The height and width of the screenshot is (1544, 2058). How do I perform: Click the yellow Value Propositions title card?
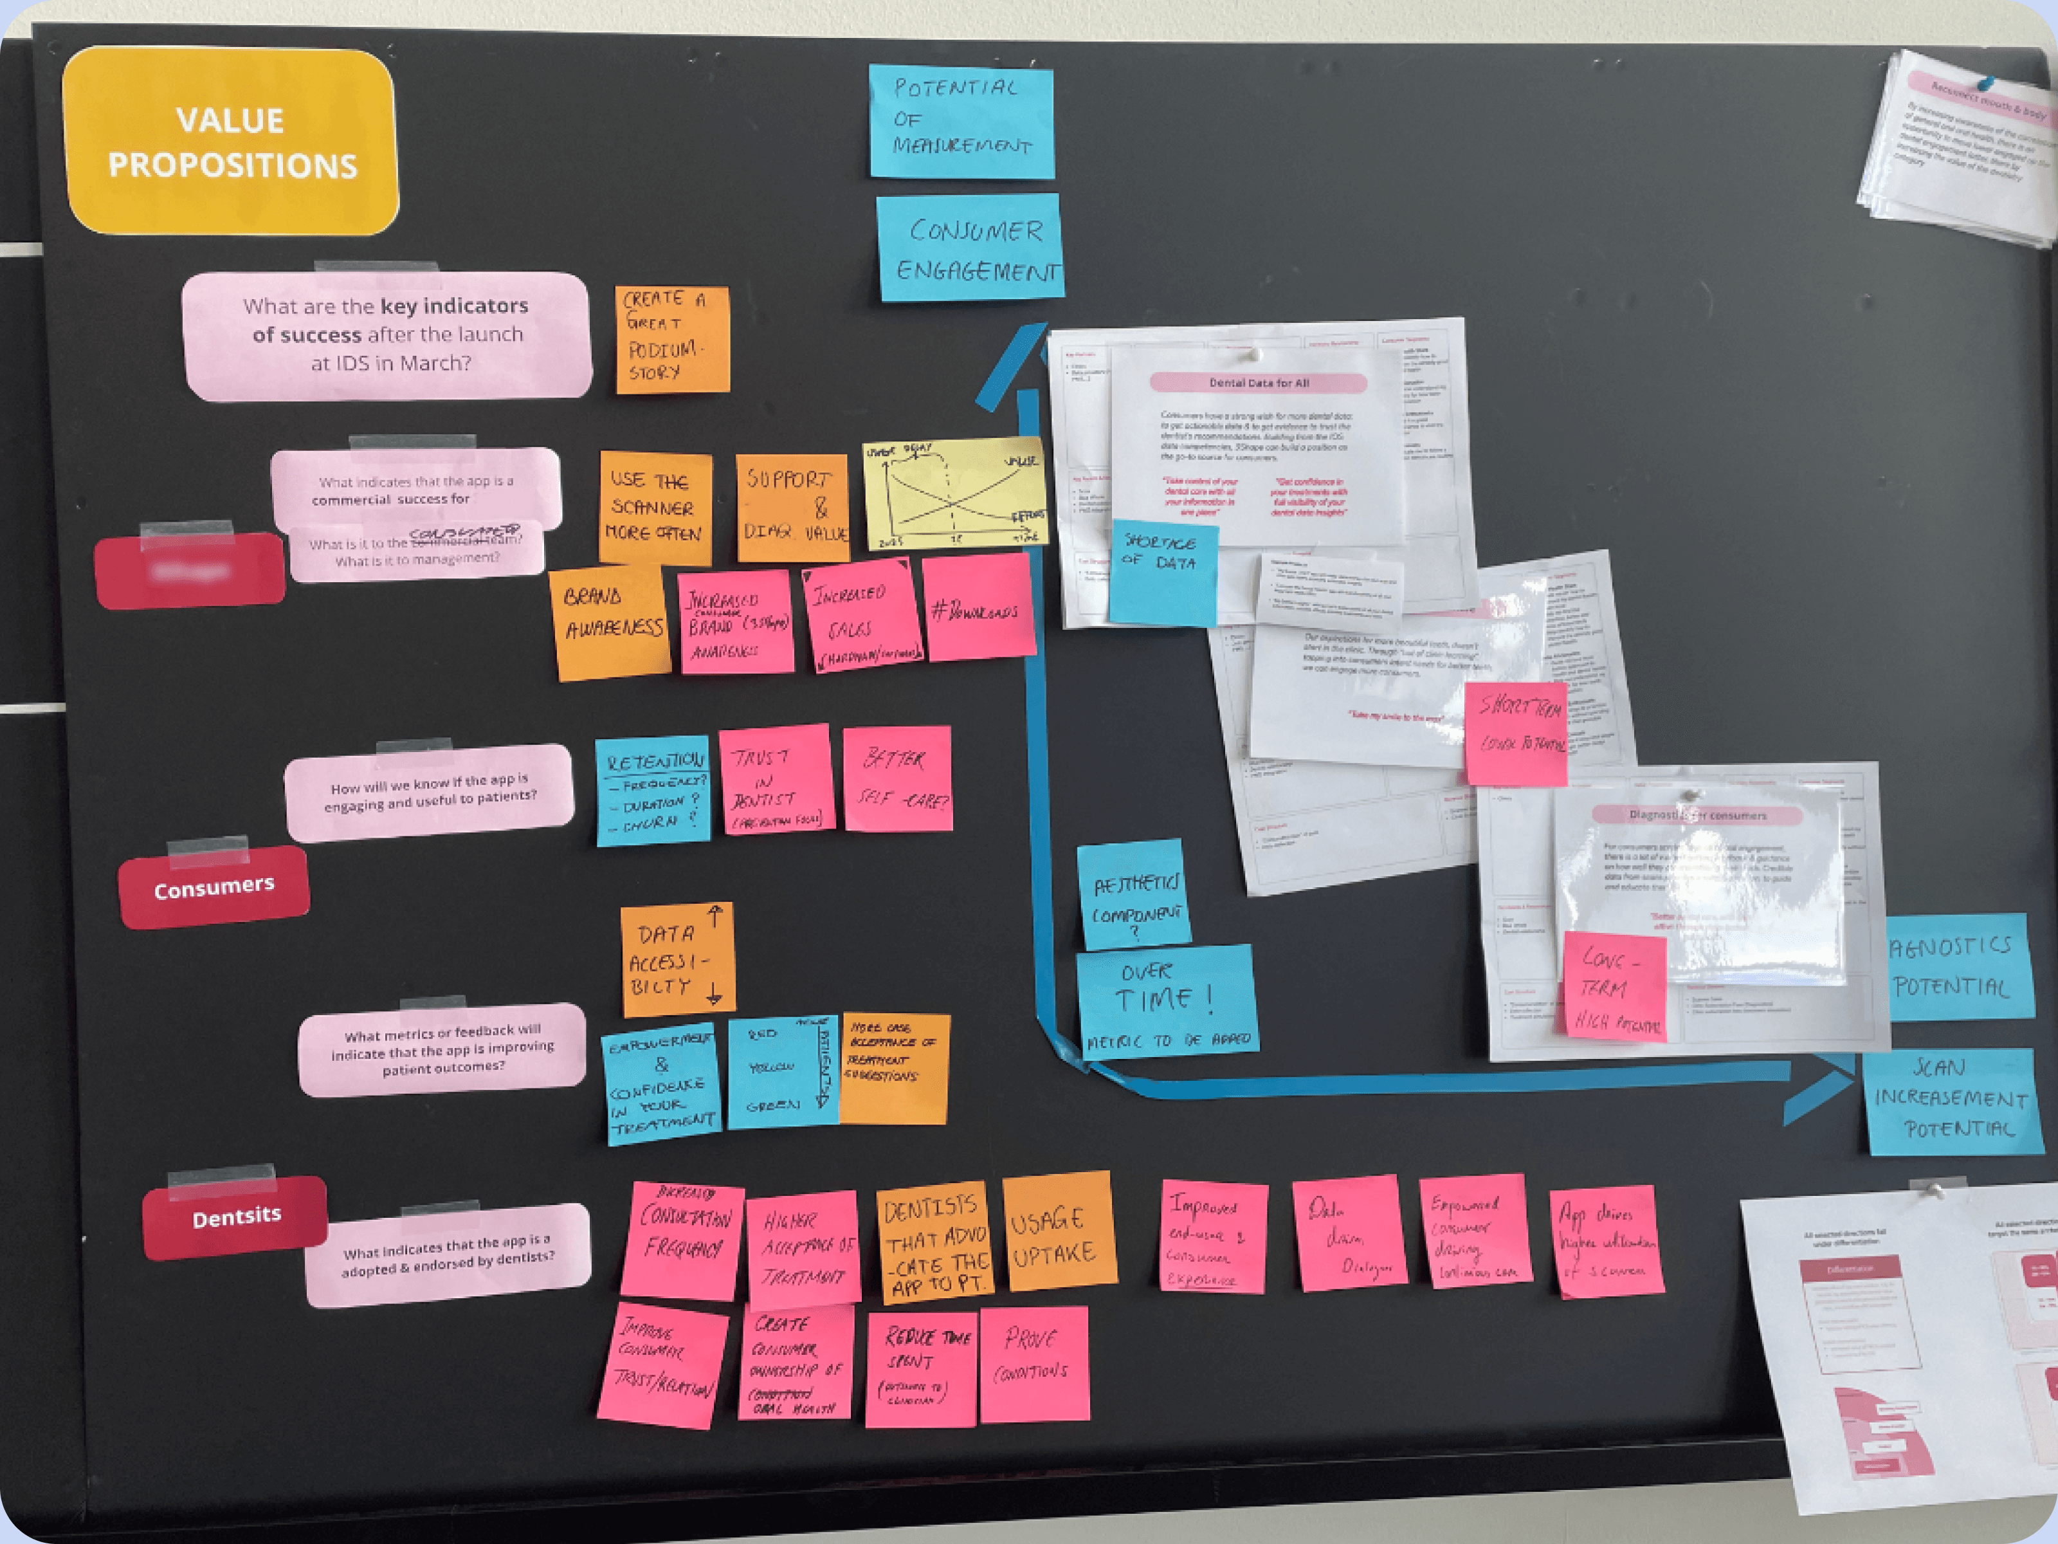(x=231, y=142)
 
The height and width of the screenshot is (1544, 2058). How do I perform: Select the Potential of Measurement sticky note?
(x=961, y=121)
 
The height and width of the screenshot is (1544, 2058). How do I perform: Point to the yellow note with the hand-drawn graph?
(x=954, y=493)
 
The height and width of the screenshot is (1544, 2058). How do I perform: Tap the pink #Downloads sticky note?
(x=979, y=608)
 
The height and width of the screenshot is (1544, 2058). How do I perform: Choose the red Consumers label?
(x=214, y=887)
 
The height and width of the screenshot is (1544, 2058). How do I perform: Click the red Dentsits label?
(x=235, y=1217)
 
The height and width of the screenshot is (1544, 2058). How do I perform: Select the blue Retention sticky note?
(x=653, y=792)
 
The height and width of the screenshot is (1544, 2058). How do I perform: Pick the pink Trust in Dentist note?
(x=776, y=780)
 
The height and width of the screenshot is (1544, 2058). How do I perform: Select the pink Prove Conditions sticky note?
(x=1034, y=1363)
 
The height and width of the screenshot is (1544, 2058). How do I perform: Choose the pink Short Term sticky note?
(x=1516, y=733)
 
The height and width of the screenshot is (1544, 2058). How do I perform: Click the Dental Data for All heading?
(x=1259, y=383)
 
